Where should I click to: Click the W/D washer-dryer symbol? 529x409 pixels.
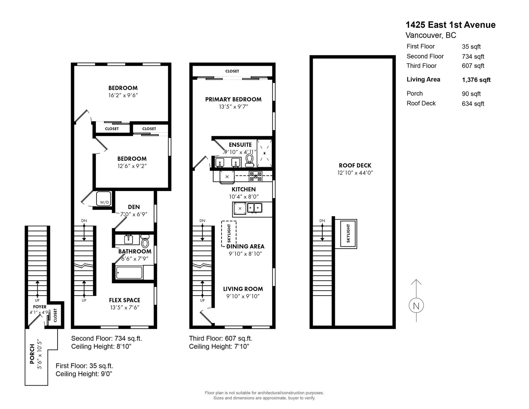104,199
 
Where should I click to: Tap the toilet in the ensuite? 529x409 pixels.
250,160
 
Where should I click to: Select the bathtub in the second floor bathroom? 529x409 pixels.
129,273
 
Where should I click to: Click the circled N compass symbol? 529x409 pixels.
416,305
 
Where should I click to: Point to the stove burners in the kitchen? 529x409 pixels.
255,176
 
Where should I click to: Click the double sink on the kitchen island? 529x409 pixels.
255,208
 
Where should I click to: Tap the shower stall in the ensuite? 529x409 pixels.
264,153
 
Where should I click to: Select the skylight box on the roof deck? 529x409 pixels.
348,234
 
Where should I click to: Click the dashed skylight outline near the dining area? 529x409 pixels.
228,234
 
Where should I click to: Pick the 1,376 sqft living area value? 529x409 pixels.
476,80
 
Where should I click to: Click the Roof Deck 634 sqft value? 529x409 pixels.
473,104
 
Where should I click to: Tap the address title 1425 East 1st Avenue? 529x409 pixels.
450,25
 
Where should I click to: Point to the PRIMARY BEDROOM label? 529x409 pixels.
233,99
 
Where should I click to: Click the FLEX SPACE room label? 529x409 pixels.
124,300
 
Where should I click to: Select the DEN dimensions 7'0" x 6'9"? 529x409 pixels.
134,214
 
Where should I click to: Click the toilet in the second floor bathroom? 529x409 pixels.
145,241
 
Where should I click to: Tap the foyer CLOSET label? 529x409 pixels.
55,315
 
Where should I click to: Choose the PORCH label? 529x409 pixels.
32,354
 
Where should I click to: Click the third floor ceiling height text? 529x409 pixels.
219,347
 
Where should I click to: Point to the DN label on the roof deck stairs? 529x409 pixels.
322,221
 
